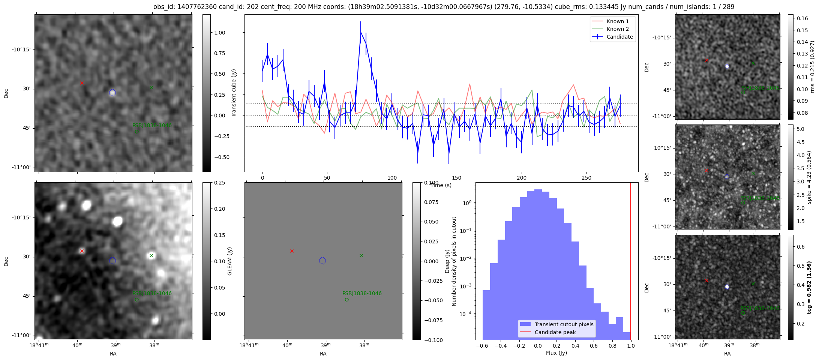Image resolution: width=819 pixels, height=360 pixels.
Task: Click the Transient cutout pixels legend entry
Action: pos(564,324)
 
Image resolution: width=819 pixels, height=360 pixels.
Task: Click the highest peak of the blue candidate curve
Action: pos(361,32)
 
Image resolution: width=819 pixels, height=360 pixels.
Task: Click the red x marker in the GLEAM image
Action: pos(82,251)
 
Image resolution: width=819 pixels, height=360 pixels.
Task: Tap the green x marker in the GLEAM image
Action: pos(151,256)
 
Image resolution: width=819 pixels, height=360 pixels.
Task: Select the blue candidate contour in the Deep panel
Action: pos(322,261)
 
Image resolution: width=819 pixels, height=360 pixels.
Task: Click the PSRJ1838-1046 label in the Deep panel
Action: pos(362,293)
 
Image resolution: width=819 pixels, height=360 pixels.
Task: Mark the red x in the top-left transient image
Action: pos(82,83)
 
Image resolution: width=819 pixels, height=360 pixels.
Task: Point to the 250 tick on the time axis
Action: pos(586,178)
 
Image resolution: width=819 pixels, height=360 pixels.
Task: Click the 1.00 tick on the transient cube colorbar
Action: pos(219,33)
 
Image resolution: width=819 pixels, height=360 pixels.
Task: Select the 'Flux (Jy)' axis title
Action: pos(556,353)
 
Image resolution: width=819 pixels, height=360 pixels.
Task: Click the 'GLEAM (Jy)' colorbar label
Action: pos(229,261)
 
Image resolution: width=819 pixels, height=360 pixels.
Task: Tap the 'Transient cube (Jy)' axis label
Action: pos(234,93)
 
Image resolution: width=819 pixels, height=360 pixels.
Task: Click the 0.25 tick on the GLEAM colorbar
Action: pos(219,183)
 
